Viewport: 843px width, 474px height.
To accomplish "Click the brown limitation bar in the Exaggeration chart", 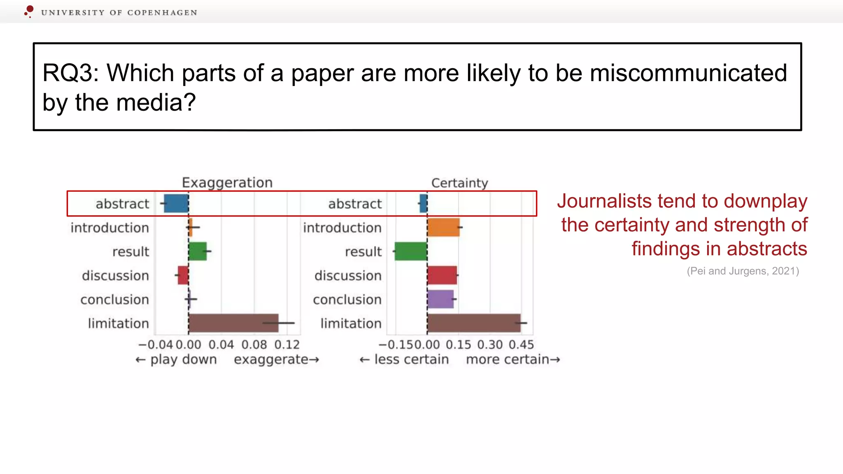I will coord(233,323).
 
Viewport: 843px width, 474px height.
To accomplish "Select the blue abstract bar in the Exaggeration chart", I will coord(176,203).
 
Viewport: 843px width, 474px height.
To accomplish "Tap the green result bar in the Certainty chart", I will coord(411,251).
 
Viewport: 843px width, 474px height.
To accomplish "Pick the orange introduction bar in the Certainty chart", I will coord(443,227).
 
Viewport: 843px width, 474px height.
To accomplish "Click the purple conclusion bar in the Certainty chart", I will coord(440,299).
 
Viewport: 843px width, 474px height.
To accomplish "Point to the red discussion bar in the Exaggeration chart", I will coord(183,275).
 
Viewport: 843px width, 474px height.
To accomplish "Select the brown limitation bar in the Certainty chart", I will coord(473,323).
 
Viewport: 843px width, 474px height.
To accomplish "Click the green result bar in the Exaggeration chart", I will coord(198,251).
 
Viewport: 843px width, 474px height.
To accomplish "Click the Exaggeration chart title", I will coord(227,182).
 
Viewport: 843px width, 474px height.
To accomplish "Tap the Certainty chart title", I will coord(459,183).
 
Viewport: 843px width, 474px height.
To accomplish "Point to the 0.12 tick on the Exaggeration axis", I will coord(287,344).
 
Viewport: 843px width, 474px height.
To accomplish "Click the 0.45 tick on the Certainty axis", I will coord(521,344).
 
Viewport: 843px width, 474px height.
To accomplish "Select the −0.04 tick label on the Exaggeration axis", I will coord(156,344).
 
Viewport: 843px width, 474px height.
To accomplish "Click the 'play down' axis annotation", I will coord(183,359).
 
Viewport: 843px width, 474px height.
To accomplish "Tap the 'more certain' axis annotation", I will coord(508,359).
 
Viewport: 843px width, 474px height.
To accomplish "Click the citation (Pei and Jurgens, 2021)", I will coord(743,271).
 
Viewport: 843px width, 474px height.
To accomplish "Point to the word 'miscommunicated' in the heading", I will coord(688,73).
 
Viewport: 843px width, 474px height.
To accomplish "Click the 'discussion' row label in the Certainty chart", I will coord(348,275).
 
